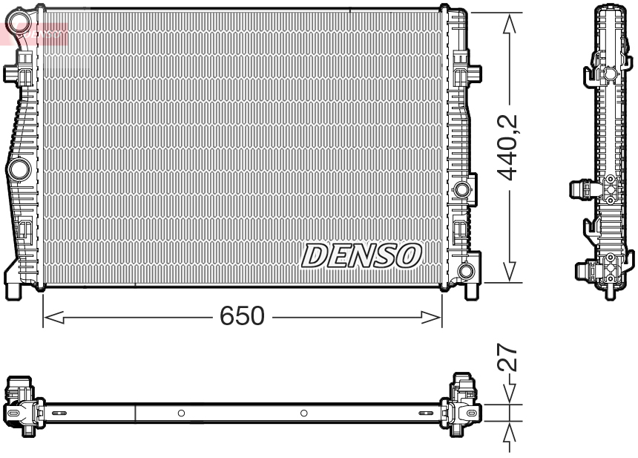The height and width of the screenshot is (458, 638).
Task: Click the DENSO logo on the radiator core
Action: coord(361,256)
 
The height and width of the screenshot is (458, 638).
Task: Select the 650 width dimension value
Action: coord(242,317)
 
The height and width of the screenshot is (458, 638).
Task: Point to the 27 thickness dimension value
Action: coord(508,359)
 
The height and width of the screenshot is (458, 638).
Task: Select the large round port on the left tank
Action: coord(18,170)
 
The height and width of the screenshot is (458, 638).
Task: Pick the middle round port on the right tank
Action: coord(463,189)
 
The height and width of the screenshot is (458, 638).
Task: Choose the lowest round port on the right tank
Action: coord(466,271)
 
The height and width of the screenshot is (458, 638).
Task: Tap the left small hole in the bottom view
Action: coord(181,413)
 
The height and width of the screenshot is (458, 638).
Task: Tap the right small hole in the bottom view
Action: coord(303,413)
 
